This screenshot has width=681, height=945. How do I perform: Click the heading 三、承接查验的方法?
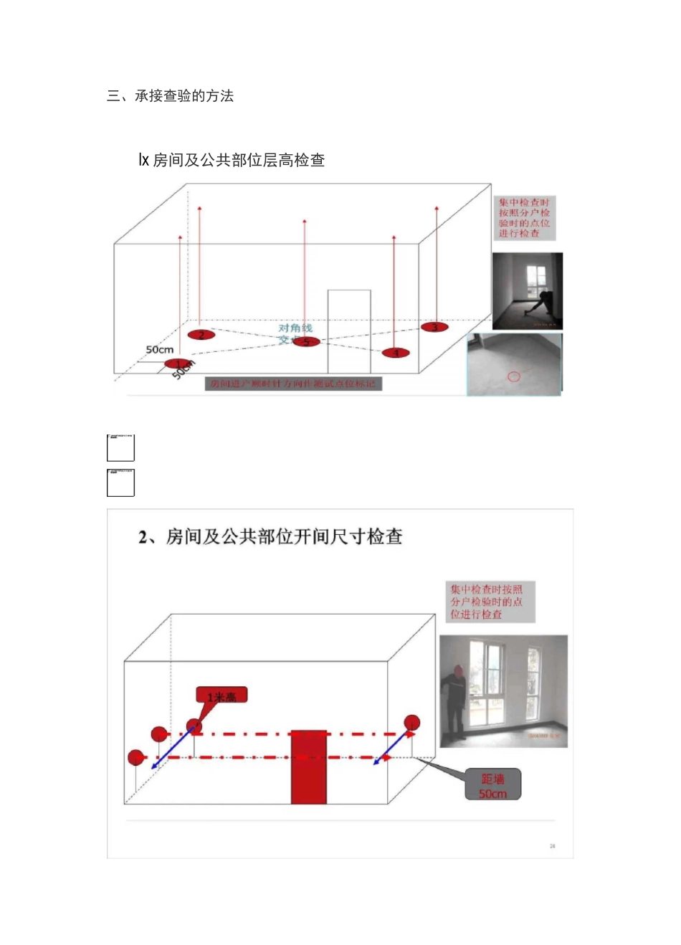point(170,96)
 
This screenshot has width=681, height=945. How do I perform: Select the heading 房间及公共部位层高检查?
point(232,160)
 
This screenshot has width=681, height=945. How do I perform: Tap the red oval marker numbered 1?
point(178,364)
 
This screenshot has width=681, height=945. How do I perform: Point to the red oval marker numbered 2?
point(201,335)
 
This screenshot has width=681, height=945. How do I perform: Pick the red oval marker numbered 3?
point(434,327)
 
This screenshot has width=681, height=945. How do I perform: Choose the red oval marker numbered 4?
point(395,353)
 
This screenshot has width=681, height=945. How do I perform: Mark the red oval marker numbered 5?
point(306,341)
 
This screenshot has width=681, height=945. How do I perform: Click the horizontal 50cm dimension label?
point(159,350)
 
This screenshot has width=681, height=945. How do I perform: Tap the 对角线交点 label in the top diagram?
point(295,333)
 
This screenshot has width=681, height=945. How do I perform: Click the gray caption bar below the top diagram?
point(292,384)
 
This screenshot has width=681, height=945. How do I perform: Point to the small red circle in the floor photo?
point(513,376)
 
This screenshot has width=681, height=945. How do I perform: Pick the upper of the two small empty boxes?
point(120,447)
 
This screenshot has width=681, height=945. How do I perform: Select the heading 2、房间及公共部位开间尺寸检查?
point(270,537)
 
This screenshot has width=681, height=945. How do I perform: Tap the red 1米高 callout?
point(222,696)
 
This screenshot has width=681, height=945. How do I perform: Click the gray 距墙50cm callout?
point(492,786)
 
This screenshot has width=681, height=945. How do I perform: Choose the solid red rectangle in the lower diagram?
point(308,767)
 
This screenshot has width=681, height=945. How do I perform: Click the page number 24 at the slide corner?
point(552,846)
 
